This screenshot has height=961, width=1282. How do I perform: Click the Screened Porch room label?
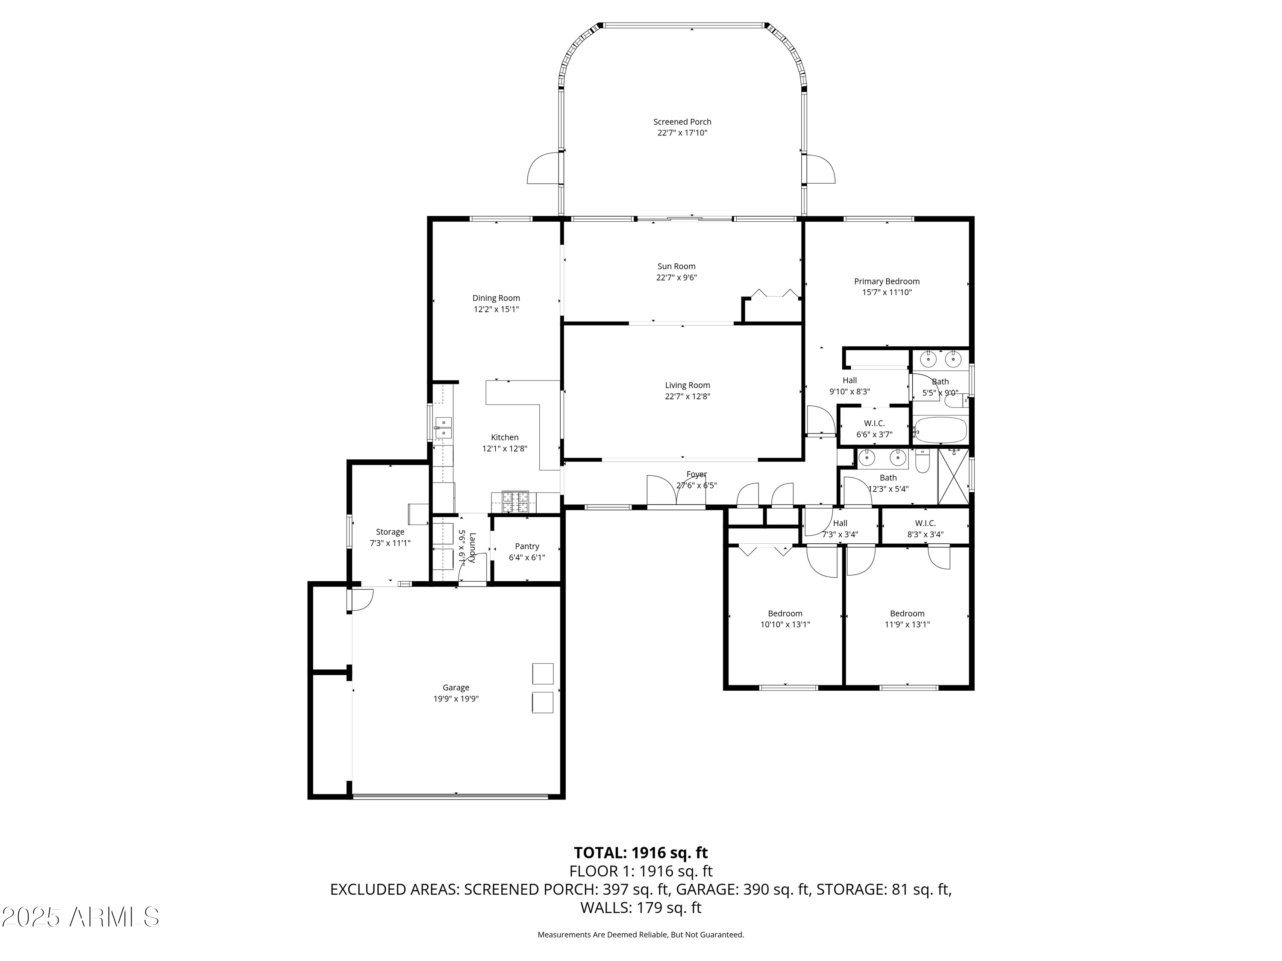682,122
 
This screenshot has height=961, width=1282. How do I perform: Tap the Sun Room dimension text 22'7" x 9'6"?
676,278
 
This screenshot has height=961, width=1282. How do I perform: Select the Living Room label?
687,385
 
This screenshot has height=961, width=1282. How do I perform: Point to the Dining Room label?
496,298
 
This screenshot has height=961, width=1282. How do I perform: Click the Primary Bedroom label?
887,281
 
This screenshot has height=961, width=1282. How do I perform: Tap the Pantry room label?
527,546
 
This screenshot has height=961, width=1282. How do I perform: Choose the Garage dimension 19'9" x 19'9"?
456,699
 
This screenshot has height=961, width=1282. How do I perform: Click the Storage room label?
390,532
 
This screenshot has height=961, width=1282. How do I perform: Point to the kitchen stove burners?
515,502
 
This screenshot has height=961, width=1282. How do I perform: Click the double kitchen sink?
444,428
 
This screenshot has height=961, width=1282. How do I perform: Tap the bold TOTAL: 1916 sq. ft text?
641,853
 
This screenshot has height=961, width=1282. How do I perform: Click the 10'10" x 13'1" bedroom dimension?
785,624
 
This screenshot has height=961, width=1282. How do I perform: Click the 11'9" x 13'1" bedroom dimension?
908,624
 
